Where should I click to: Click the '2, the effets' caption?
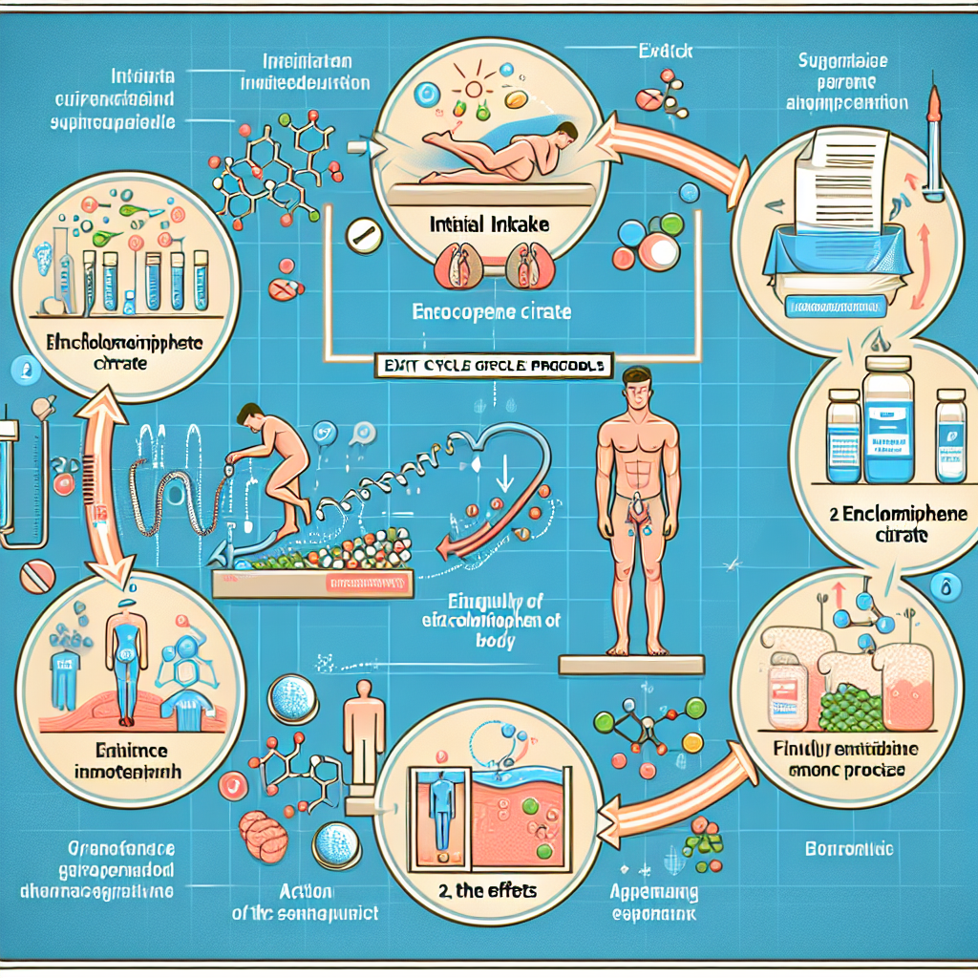point(475,890)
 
